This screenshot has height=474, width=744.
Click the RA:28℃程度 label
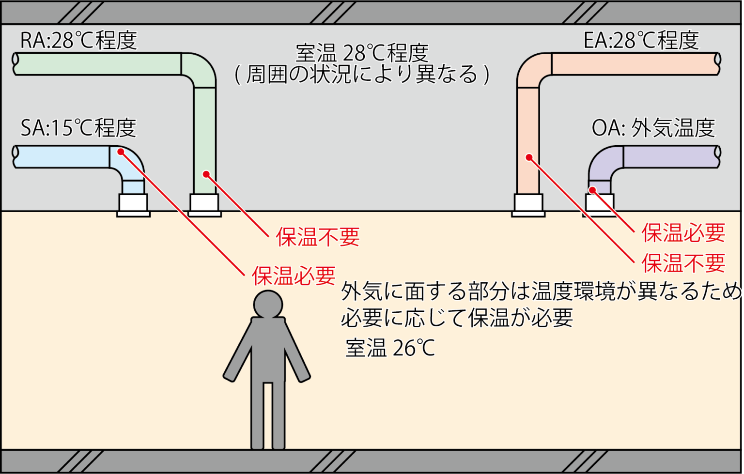pos(78,41)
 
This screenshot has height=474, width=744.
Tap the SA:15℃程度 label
pos(78,128)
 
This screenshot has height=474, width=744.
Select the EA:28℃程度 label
pos(641,41)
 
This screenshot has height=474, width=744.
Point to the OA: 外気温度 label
pos(653,128)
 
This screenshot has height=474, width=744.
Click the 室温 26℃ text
pos(390,348)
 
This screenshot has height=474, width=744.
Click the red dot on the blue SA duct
pos(121,152)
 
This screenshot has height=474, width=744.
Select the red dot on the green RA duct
pos(206,174)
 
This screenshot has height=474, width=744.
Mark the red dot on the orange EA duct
pos(529,157)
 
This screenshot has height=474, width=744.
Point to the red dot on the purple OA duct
pos(592,190)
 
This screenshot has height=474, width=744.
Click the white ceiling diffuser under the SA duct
pos(133,205)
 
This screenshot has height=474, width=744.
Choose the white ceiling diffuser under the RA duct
pos(204,205)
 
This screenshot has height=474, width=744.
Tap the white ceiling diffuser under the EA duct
pos(528,205)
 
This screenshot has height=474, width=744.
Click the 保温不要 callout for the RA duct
pos(318,237)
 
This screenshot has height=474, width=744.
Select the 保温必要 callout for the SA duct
pos(294,276)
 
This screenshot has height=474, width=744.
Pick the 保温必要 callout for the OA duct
pos(683,233)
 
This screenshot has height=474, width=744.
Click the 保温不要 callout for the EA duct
pos(683,263)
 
